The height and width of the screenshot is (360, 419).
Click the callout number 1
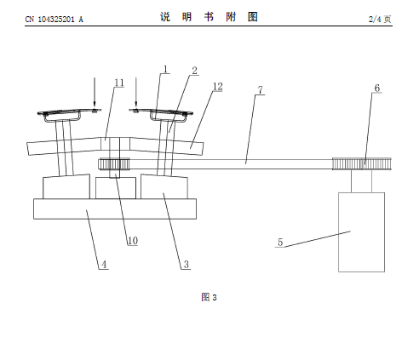pyautogui.click(x=165, y=69)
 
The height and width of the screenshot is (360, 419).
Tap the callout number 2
pyautogui.click(x=194, y=71)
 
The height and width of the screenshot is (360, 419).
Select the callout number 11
pyautogui.click(x=119, y=83)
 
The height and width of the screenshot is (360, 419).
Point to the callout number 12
pyautogui.click(x=218, y=87)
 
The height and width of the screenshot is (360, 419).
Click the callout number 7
pyautogui.click(x=261, y=90)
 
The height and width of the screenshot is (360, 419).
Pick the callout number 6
pyautogui.click(x=377, y=89)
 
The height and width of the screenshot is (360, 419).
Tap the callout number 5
pyautogui.click(x=280, y=243)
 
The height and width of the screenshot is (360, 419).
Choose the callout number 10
pyautogui.click(x=133, y=241)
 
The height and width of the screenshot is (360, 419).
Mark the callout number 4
pyautogui.click(x=104, y=265)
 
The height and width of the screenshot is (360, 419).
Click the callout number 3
pyautogui.click(x=187, y=265)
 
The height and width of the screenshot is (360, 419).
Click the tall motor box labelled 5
pyautogui.click(x=361, y=232)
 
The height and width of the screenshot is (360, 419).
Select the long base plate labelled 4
pyautogui.click(x=115, y=209)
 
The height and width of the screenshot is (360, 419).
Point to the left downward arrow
pyautogui.click(x=95, y=93)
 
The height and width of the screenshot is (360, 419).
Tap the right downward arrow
pyautogui.click(x=136, y=93)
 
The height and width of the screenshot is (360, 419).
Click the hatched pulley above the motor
pyautogui.click(x=362, y=164)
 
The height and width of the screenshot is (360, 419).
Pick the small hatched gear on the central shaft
pyautogui.click(x=114, y=164)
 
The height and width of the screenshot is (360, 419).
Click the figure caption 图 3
pyautogui.click(x=209, y=297)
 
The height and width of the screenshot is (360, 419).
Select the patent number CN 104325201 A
pyautogui.click(x=55, y=20)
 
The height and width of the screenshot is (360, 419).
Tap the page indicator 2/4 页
pyautogui.click(x=380, y=19)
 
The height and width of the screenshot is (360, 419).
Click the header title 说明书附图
pyautogui.click(x=209, y=17)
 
